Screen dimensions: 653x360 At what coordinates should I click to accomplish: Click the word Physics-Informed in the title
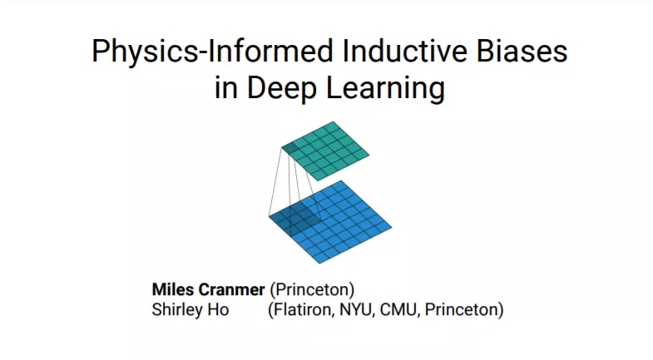pos(212,52)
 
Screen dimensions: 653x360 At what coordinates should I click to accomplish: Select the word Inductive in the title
pos(404,51)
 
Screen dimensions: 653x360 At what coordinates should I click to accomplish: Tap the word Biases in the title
pos(522,51)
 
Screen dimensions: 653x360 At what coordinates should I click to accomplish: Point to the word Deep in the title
pos(281,88)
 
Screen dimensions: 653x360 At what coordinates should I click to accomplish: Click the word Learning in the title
pos(386,88)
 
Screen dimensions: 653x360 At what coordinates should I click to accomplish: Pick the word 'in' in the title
pos(226,88)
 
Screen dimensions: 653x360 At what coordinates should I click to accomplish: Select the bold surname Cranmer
pos(231,289)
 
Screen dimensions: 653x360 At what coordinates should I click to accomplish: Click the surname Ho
pos(219,309)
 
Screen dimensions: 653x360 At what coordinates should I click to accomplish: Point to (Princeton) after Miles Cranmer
pos(312,289)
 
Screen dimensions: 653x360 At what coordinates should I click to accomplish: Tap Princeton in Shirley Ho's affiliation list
pos(462,310)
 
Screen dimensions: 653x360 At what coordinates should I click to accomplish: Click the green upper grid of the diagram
pos(325,151)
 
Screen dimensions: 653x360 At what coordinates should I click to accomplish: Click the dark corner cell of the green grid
pos(290,149)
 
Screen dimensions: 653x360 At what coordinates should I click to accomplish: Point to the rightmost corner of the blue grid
pos(392,227)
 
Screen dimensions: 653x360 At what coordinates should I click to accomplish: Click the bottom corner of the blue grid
pos(319,263)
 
